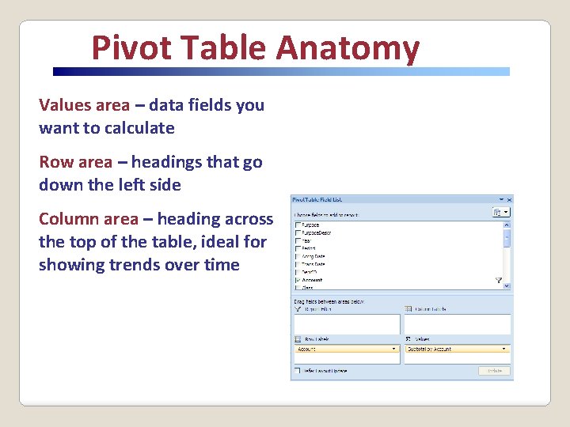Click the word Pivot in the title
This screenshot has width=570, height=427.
click(x=127, y=48)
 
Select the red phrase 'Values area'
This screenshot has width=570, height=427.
click(x=84, y=105)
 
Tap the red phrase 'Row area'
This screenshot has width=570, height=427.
click(x=75, y=162)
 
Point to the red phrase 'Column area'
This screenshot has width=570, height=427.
click(x=88, y=219)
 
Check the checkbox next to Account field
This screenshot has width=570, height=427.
click(x=298, y=280)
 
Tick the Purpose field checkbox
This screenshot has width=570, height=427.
click(x=298, y=225)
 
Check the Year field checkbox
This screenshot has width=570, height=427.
click(x=298, y=241)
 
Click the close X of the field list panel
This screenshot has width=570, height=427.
click(x=509, y=200)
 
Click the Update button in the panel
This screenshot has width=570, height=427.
click(x=494, y=371)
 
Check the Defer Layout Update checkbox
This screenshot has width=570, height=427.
click(x=297, y=370)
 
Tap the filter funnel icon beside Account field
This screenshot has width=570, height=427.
click(x=499, y=280)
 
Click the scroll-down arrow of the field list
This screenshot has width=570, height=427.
click(x=507, y=286)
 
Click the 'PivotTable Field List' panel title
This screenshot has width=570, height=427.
click(x=317, y=200)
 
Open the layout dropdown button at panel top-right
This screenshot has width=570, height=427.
click(x=501, y=213)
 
